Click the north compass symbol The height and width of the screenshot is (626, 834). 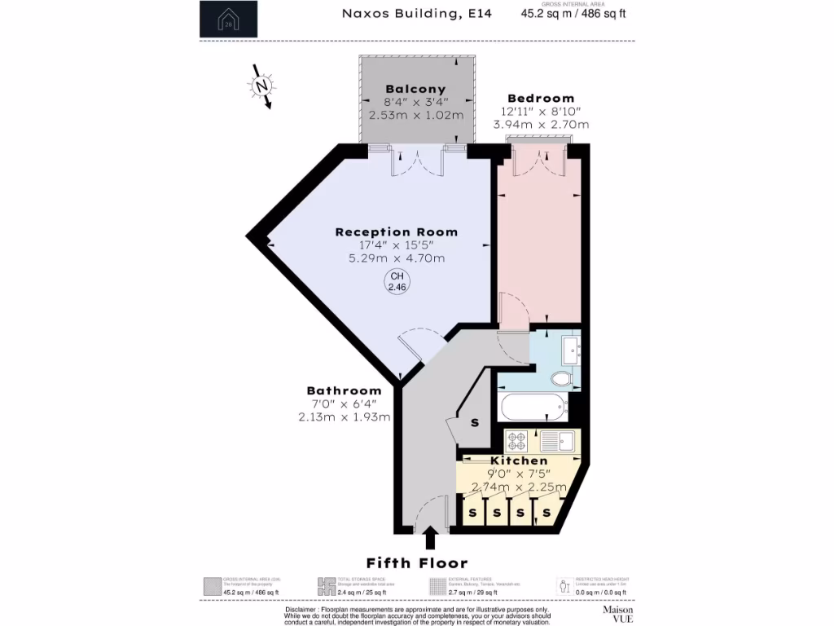pyautogui.click(x=261, y=86)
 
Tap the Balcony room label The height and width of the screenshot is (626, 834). pyautogui.click(x=415, y=89)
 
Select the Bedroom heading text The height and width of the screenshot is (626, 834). pyautogui.click(x=541, y=98)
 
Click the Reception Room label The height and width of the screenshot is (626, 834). pyautogui.click(x=397, y=232)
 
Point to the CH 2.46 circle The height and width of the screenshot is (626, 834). pyautogui.click(x=397, y=283)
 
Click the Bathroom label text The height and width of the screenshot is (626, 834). pyautogui.click(x=344, y=390)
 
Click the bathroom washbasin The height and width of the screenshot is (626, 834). pyautogui.click(x=571, y=351)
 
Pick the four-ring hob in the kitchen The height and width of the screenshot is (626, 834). pyautogui.click(x=517, y=441)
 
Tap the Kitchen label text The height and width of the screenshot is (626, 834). pyautogui.click(x=519, y=461)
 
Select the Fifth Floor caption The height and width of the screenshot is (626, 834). pyautogui.click(x=417, y=563)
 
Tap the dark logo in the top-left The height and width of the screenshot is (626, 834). pyautogui.click(x=228, y=20)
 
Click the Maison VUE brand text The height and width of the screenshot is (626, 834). pyautogui.click(x=617, y=614)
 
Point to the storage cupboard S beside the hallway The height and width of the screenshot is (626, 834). pyautogui.click(x=475, y=423)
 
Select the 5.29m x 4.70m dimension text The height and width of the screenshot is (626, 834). pyautogui.click(x=397, y=258)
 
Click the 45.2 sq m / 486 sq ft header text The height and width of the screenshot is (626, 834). pyautogui.click(x=578, y=14)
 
